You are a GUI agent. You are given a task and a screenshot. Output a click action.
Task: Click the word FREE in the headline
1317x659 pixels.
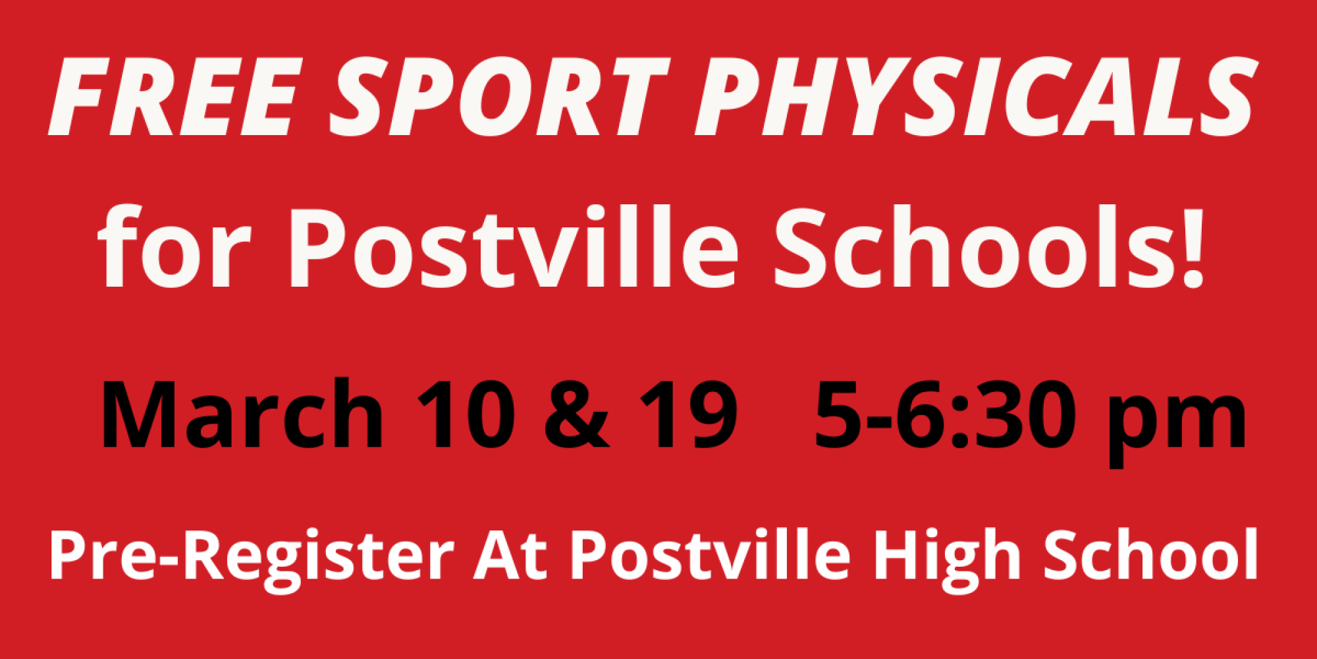(x=173, y=97)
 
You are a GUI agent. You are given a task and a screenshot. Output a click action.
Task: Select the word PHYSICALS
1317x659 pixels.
(x=975, y=97)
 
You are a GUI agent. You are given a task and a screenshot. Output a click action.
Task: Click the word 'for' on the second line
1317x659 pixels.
(x=175, y=246)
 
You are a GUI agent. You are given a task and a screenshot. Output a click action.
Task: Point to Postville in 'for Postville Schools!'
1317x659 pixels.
(x=514, y=248)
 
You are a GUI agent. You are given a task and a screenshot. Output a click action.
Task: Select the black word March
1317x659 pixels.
(x=241, y=413)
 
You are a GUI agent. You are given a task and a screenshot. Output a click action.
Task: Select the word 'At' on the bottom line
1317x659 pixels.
(x=510, y=556)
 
